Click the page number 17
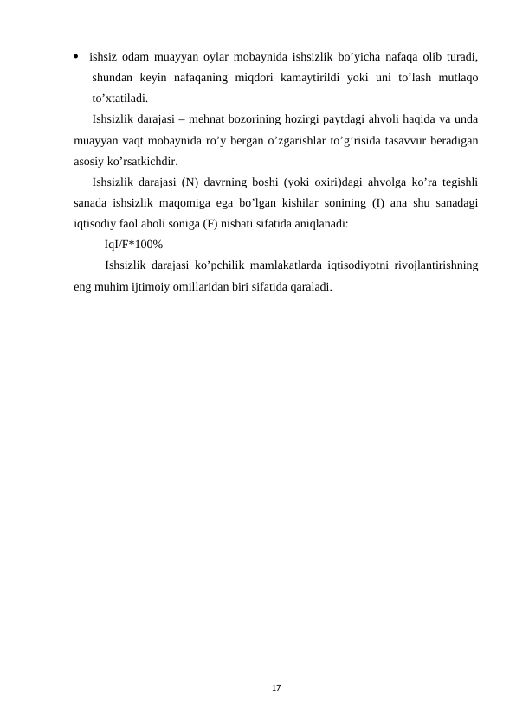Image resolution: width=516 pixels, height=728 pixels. tap(276, 686)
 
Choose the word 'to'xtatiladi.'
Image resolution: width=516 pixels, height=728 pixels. tap(126, 98)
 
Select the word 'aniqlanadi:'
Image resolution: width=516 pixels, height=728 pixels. tap(319, 223)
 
